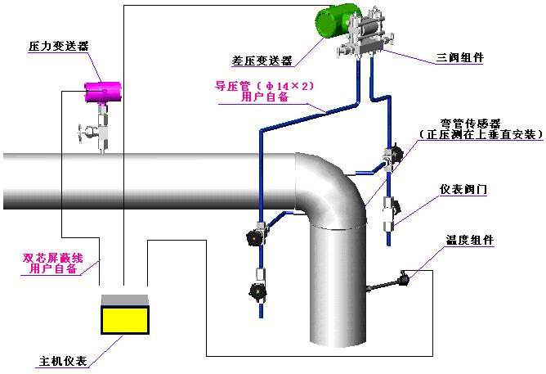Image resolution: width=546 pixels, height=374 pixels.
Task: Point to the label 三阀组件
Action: point(459,59)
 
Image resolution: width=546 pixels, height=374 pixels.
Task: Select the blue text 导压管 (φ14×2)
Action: point(265,85)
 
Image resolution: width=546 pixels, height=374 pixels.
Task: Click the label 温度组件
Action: point(469,241)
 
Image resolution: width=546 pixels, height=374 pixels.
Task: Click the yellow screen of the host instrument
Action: point(123,318)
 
